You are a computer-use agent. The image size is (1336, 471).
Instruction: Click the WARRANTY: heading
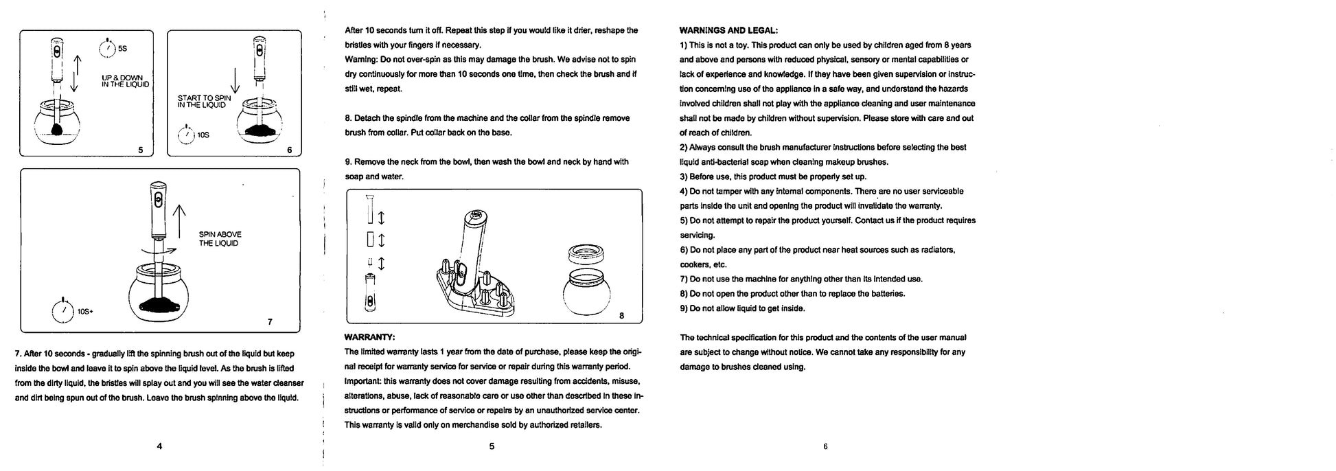(x=369, y=336)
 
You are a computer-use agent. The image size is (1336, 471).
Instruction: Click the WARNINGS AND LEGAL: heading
(x=728, y=30)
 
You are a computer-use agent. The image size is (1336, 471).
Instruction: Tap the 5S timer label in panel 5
(x=122, y=49)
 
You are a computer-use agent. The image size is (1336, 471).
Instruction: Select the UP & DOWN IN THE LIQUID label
(x=125, y=81)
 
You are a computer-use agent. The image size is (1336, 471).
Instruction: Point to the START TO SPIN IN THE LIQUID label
(x=204, y=102)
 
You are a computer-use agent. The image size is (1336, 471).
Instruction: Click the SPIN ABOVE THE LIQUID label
(x=220, y=239)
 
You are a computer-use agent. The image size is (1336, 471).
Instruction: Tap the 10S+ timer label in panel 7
(x=85, y=312)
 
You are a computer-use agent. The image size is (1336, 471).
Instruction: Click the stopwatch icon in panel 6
(x=185, y=135)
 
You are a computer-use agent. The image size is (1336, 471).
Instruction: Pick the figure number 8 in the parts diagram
(x=621, y=316)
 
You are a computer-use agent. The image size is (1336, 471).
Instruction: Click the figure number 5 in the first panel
(x=141, y=150)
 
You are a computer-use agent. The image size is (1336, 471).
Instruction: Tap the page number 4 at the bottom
(x=159, y=446)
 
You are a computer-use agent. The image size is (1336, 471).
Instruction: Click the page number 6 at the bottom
(x=825, y=446)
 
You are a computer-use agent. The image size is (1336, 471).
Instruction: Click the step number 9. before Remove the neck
(x=348, y=162)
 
